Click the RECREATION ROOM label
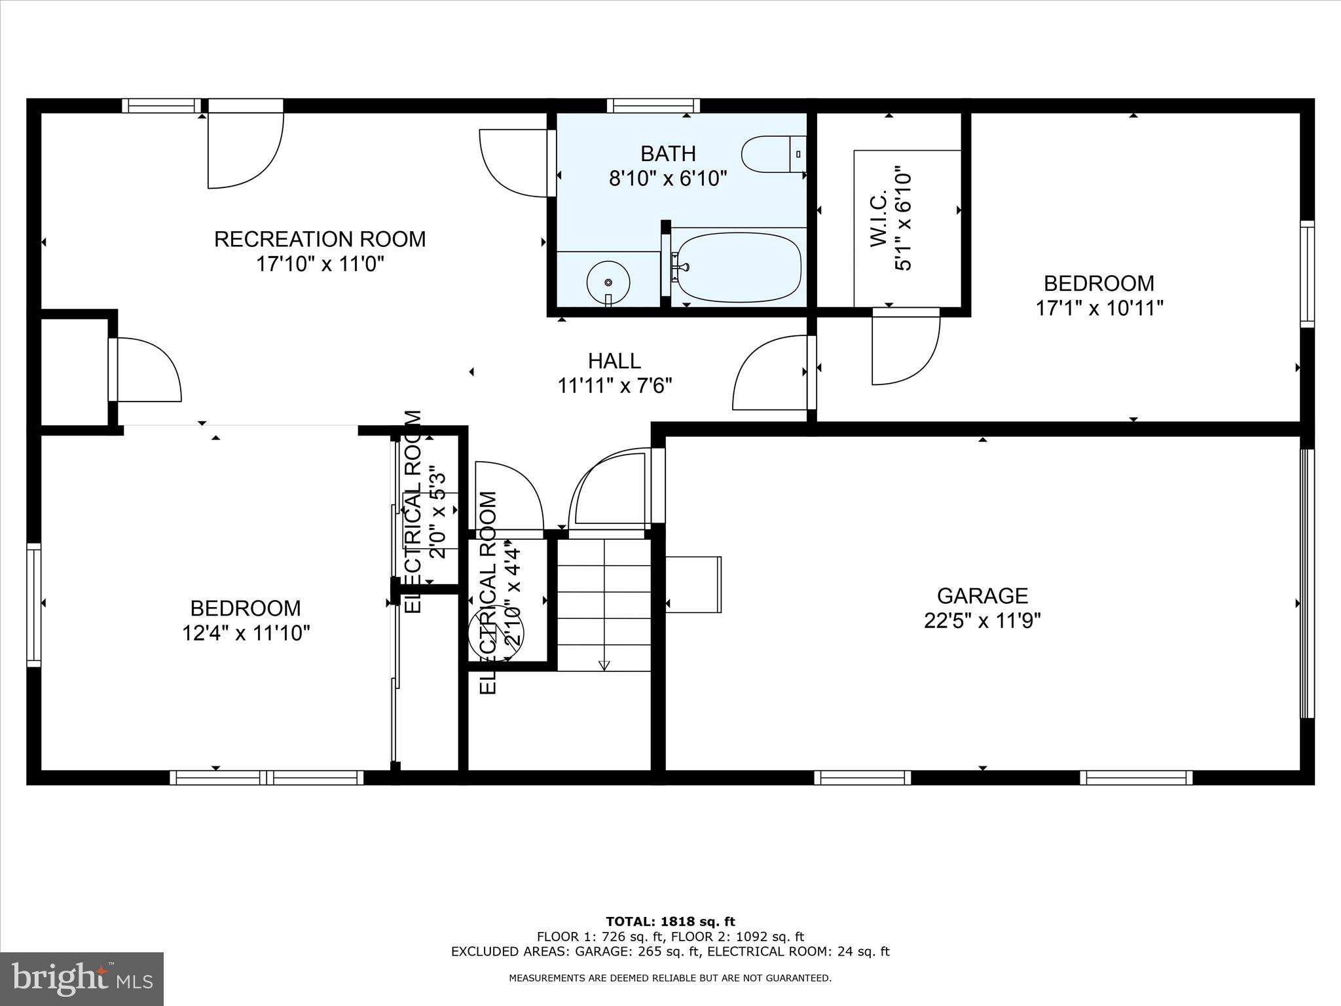point(320,239)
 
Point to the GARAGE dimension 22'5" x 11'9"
point(982,620)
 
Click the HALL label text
point(614,361)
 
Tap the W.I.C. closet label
point(879,219)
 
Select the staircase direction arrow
point(604,665)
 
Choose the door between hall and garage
point(612,488)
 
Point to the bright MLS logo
point(82,978)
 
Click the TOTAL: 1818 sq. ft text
point(670,922)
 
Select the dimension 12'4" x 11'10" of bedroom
point(246,633)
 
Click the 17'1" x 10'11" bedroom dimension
point(1099,308)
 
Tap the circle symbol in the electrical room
point(496,634)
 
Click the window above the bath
point(653,105)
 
